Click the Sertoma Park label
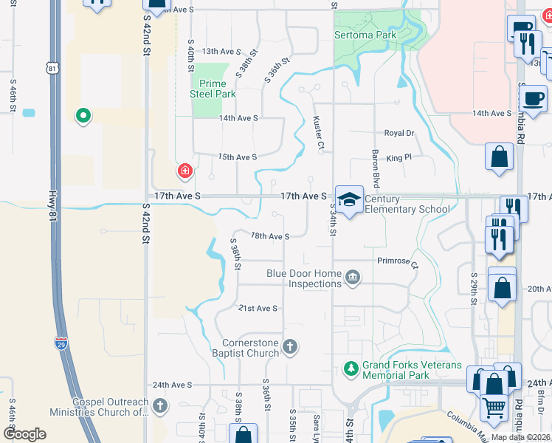click(x=365, y=35)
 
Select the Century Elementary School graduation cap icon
click(x=350, y=199)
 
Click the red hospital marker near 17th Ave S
click(x=184, y=172)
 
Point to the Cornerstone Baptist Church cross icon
click(x=291, y=346)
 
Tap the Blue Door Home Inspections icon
click(x=353, y=278)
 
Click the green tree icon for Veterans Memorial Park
click(x=352, y=368)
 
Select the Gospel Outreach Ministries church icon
click(x=160, y=405)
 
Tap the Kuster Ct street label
click(x=318, y=132)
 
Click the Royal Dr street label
click(x=399, y=134)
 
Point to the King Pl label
click(x=398, y=158)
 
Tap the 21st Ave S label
click(x=257, y=308)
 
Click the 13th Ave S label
click(x=222, y=52)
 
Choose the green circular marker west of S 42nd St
click(x=83, y=115)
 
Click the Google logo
click(x=24, y=434)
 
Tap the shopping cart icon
click(x=494, y=405)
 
